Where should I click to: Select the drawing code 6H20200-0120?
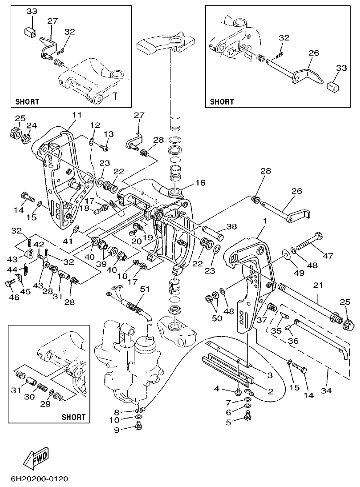[39, 479]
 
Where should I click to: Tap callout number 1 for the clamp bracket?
[266, 220]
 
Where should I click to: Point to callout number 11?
[77, 115]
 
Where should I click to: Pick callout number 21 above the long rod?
[318, 285]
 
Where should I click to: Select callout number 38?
[231, 226]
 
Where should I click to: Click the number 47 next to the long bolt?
[328, 256]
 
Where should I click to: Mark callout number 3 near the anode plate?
[270, 375]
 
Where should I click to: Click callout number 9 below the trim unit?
[117, 430]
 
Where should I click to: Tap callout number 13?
[109, 134]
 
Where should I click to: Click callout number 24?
[31, 125]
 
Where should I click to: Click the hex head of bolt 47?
[318, 236]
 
